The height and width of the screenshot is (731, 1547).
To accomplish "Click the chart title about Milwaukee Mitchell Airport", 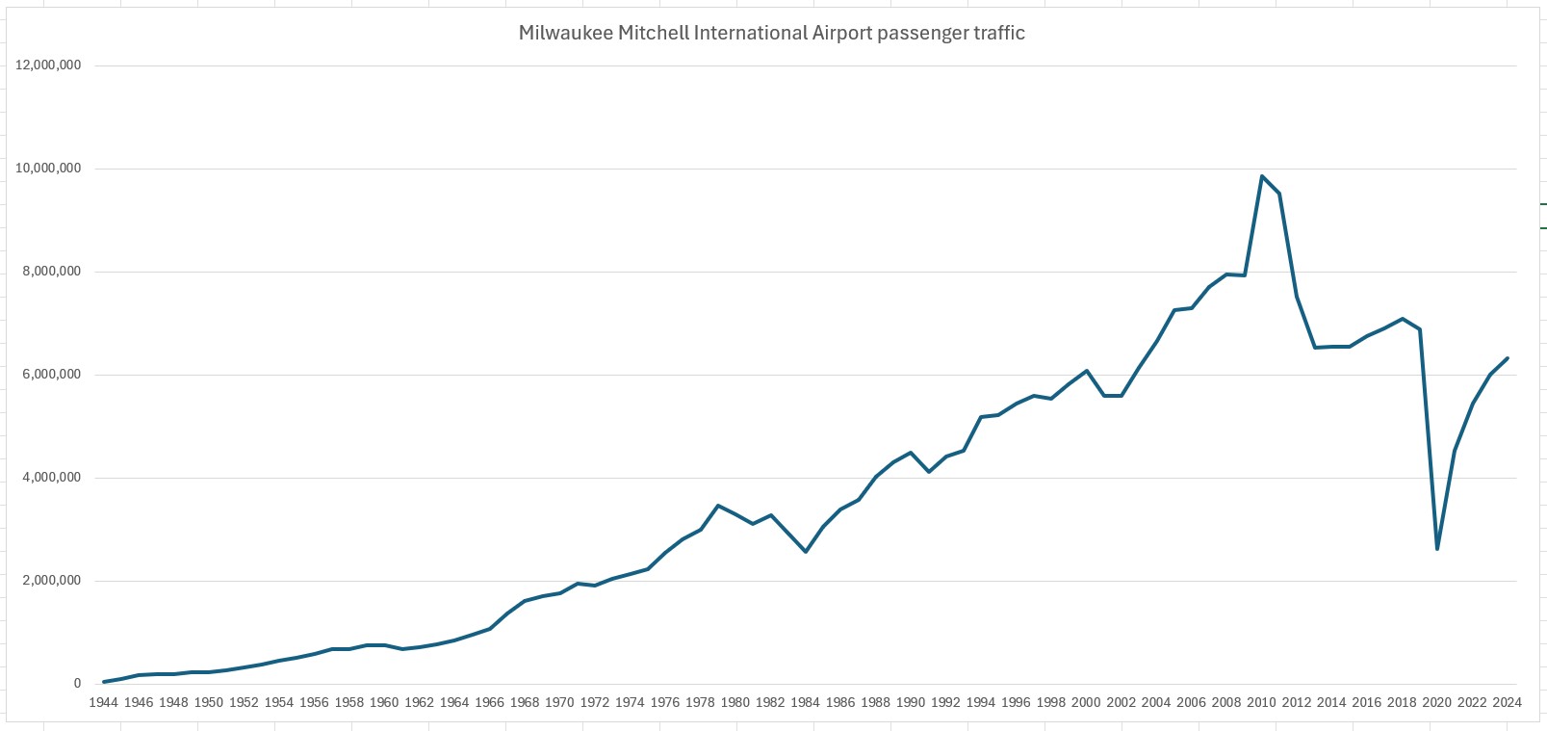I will pyautogui.click(x=771, y=33).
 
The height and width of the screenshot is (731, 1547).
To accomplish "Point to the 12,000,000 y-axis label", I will pyautogui.click(x=48, y=65).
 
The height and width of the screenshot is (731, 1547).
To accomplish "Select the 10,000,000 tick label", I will pyautogui.click(x=48, y=169).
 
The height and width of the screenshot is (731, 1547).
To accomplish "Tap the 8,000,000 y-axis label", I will pyautogui.click(x=52, y=272).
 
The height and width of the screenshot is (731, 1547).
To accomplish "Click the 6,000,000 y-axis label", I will pyautogui.click(x=52, y=375).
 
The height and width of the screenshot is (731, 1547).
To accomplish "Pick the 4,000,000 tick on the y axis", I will pyautogui.click(x=52, y=478).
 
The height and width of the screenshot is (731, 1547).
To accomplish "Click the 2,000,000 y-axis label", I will pyautogui.click(x=52, y=581).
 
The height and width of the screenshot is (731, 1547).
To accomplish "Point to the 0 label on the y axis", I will pyautogui.click(x=78, y=684).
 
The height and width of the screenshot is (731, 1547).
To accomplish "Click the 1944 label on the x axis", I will pyautogui.click(x=103, y=702).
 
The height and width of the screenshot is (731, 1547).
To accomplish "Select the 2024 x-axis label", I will pyautogui.click(x=1507, y=702).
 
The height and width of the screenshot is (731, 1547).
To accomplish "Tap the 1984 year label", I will pyautogui.click(x=805, y=702).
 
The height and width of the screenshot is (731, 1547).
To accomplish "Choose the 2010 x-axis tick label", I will pyautogui.click(x=1261, y=702).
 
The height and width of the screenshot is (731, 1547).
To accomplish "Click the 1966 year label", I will pyautogui.click(x=489, y=702).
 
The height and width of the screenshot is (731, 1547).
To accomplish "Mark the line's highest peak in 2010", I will pyautogui.click(x=1261, y=176).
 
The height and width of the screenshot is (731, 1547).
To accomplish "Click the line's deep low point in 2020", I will pyautogui.click(x=1436, y=549).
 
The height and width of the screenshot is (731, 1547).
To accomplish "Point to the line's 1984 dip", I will pyautogui.click(x=805, y=552).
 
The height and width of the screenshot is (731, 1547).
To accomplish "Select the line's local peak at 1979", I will pyautogui.click(x=718, y=506).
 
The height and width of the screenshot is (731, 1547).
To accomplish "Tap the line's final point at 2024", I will pyautogui.click(x=1507, y=358).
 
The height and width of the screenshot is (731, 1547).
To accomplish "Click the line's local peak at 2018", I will pyautogui.click(x=1402, y=319).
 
